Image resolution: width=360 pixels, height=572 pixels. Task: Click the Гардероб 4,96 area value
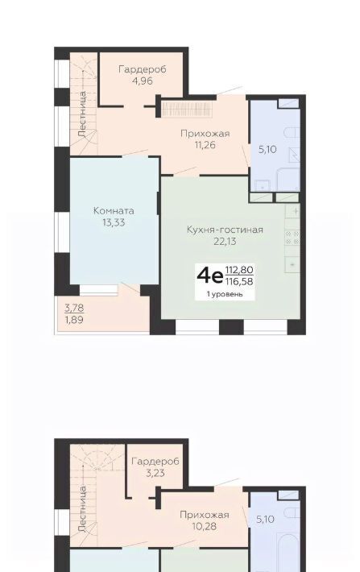pyautogui.click(x=143, y=81)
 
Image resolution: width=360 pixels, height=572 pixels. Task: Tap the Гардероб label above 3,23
pyautogui.click(x=155, y=462)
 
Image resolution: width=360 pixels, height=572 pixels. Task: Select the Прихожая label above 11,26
pyautogui.click(x=205, y=134)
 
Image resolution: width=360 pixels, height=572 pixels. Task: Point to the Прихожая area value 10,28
pyautogui.click(x=205, y=526)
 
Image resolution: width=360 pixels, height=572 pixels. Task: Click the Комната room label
pyautogui.click(x=114, y=210)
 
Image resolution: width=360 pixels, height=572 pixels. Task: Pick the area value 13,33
pyautogui.click(x=114, y=222)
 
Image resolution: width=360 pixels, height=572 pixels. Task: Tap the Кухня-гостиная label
pyautogui.click(x=225, y=230)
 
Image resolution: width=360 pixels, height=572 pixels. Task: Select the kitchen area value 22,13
pyautogui.click(x=225, y=241)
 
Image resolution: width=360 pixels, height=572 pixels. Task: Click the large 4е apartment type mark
pyautogui.click(x=209, y=276)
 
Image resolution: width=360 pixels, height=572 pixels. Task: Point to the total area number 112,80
pyautogui.click(x=239, y=271)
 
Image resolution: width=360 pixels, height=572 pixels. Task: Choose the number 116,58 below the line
pyautogui.click(x=239, y=281)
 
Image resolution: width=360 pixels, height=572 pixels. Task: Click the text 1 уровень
pyautogui.click(x=225, y=294)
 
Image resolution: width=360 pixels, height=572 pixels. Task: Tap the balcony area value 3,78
pyautogui.click(x=74, y=309)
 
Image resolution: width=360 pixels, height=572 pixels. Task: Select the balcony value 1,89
pyautogui.click(x=74, y=320)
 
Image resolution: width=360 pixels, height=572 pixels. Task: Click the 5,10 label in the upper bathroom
pyautogui.click(x=267, y=149)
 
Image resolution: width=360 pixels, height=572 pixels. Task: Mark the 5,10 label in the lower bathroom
pyautogui.click(x=265, y=519)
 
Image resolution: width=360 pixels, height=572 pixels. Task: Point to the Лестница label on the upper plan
pyautogui.click(x=82, y=114)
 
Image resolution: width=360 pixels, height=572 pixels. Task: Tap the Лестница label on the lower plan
pyautogui.click(x=82, y=508)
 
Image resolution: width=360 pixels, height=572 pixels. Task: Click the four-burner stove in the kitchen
pyautogui.click(x=292, y=238)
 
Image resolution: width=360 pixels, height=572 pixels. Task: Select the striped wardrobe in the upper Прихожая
pyautogui.click(x=187, y=109)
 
